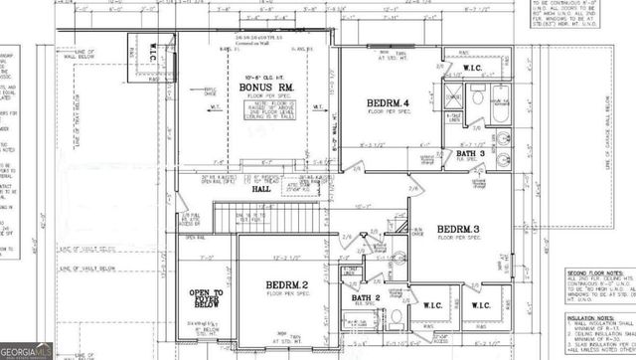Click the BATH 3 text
pos(471,153)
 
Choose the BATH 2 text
pos(366,297)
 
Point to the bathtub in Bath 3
pos(497,100)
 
